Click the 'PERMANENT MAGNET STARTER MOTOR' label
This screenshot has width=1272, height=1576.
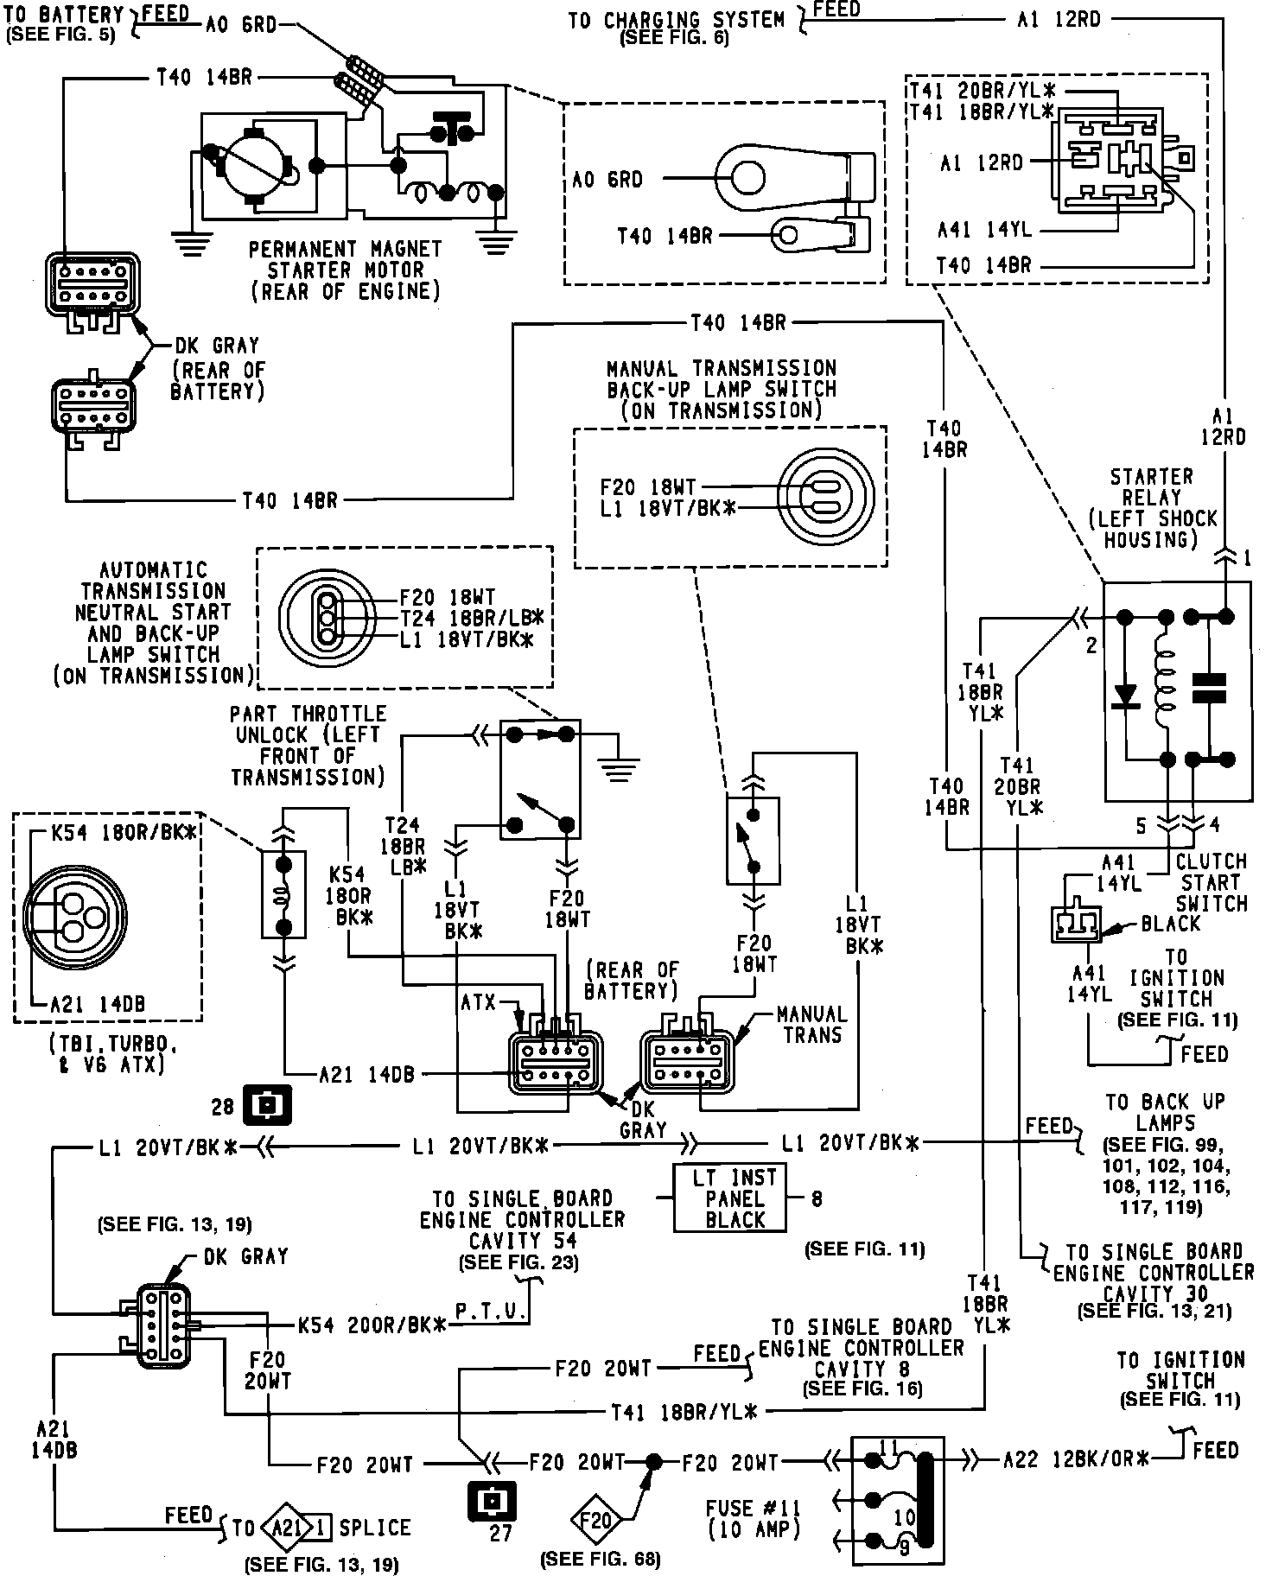(x=346, y=270)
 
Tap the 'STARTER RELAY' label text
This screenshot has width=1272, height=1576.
(x=1152, y=508)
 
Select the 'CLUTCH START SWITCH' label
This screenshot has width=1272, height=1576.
(x=1212, y=882)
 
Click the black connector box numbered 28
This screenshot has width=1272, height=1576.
(x=268, y=1104)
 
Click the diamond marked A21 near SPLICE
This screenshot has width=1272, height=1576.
(x=286, y=1528)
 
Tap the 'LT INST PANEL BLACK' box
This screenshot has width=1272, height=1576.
(x=730, y=1198)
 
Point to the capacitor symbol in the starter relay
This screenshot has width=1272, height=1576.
(x=1209, y=688)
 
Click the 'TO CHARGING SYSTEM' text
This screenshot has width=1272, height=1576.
(x=676, y=20)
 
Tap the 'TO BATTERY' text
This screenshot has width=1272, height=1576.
(x=66, y=15)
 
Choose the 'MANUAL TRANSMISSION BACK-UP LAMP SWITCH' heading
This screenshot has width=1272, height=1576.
(x=722, y=389)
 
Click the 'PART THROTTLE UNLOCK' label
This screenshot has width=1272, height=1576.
(x=308, y=745)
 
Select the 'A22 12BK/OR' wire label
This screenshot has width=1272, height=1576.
(x=1076, y=1460)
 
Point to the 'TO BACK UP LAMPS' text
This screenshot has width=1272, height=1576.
(x=1165, y=1113)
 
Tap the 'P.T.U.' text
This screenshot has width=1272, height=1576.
(x=492, y=1313)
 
